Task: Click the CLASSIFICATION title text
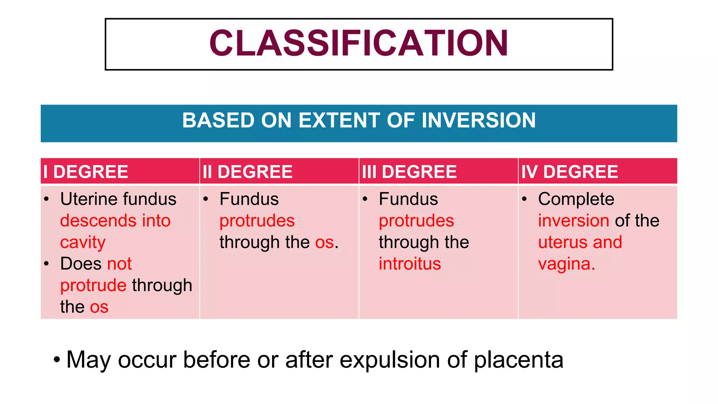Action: click(358, 43)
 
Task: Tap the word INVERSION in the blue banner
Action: click(479, 120)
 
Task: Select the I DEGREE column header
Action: click(86, 172)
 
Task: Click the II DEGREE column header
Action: click(248, 172)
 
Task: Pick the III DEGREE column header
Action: click(409, 172)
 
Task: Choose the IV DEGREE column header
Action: click(569, 172)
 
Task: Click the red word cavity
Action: click(83, 242)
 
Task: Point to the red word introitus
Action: click(409, 264)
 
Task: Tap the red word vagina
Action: click(566, 264)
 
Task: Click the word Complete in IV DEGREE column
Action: click(576, 199)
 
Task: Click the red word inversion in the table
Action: click(574, 221)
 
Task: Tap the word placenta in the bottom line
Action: click(519, 360)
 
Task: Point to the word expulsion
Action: click(390, 360)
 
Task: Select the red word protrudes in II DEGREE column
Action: click(257, 221)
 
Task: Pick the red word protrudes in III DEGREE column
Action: click(416, 221)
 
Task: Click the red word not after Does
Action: click(119, 264)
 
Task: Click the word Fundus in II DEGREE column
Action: click(249, 199)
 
